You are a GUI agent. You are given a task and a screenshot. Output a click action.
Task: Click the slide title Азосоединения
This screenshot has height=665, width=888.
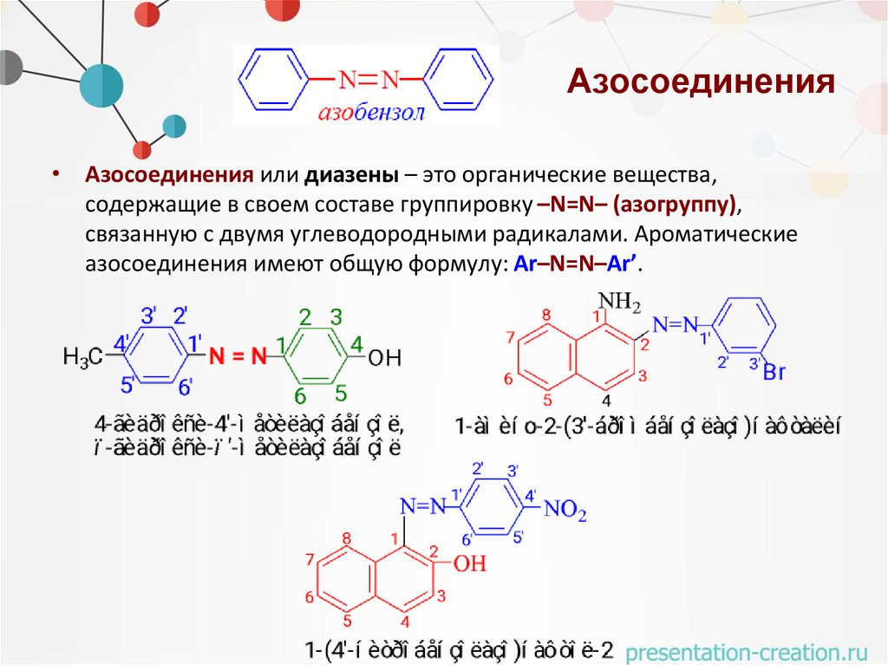(x=701, y=83)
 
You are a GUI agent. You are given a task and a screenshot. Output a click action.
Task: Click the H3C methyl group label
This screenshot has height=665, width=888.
(x=83, y=355)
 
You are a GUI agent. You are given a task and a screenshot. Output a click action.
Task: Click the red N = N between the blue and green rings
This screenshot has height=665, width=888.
(x=235, y=355)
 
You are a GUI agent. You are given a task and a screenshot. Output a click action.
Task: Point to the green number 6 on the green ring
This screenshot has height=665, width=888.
(x=300, y=396)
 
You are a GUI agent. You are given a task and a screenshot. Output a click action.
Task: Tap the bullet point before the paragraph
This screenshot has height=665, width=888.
(x=55, y=174)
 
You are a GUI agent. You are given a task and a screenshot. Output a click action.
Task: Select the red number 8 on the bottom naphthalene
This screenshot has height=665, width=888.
(x=346, y=539)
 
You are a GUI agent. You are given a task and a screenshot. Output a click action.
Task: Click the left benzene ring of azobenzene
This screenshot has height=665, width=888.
(x=273, y=80)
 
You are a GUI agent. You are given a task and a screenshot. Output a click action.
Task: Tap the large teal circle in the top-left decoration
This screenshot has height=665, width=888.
(x=102, y=84)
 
